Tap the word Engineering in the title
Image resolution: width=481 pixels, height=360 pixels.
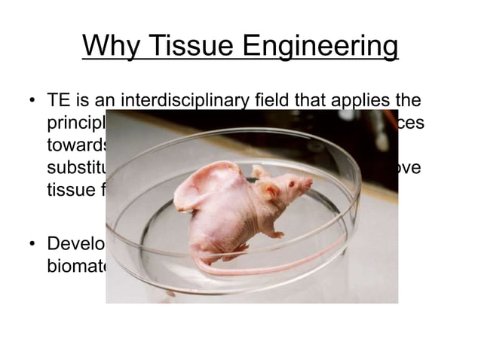[320, 47]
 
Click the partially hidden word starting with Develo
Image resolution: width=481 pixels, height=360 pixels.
[75, 246]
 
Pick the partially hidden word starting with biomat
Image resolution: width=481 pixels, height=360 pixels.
[75, 267]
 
